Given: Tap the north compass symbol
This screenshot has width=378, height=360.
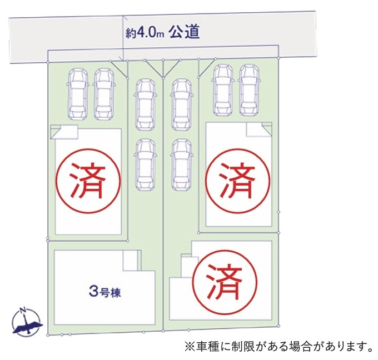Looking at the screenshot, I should coord(26,322).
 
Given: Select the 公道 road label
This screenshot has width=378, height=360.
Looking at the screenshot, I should coord(184,32).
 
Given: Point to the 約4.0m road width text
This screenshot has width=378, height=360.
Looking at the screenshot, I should coord(144,33).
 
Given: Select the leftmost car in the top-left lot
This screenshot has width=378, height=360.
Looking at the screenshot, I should coord(77,94).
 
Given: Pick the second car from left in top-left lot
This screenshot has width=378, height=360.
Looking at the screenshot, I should coord(104,94).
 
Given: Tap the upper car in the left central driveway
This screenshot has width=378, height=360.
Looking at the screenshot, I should coord(145,104).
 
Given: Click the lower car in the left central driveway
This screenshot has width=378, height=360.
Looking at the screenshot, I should coord(145,163).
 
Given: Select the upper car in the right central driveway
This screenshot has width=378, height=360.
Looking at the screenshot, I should coord(180,104).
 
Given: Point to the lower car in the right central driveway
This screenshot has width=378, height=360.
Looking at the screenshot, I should coord(180,163).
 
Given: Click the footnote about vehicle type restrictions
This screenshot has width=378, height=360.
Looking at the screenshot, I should coord(278,347).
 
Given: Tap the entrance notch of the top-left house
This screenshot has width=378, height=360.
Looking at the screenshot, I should coord(64,132).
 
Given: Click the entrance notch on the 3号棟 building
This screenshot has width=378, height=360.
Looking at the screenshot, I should coord(131,261).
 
